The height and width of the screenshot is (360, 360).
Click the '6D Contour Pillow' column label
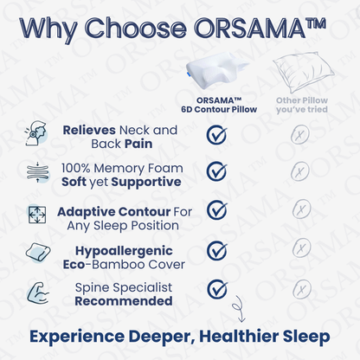pyautogui.click(x=215, y=110)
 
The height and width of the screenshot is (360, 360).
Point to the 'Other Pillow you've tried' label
pyautogui.click(x=299, y=106)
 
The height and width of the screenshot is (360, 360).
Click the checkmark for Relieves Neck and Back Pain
pyautogui.click(x=216, y=134)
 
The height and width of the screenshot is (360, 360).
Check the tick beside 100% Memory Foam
pyautogui.click(x=216, y=172)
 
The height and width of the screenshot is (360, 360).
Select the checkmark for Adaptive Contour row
pyautogui.click(x=216, y=211)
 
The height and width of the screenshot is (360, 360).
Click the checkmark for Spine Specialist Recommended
pyautogui.click(x=216, y=288)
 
